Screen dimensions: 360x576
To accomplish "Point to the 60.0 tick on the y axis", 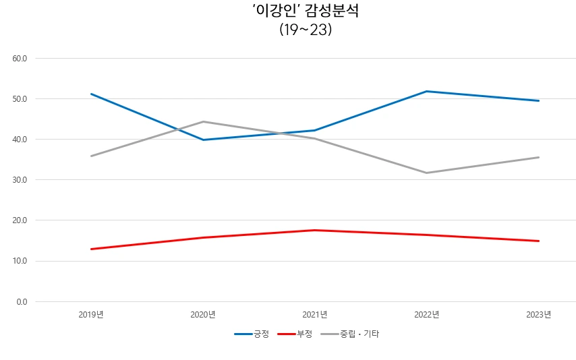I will [x=20, y=59].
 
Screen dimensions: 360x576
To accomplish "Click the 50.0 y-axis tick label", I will [x=20, y=99].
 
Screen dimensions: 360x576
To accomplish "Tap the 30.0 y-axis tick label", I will [x=20, y=180].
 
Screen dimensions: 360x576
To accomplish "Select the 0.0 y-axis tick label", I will [x=22, y=301].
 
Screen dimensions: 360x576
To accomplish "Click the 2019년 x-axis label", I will [x=91, y=314].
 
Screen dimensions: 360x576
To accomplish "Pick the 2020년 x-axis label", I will [x=203, y=314].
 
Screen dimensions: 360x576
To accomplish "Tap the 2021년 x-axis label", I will [x=315, y=314].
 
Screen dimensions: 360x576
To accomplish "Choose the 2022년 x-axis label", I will [x=427, y=314].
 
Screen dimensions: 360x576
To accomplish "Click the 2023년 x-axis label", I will [x=539, y=314].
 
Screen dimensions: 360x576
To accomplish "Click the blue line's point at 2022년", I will [x=427, y=91].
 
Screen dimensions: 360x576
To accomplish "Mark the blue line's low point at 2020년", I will [x=203, y=140].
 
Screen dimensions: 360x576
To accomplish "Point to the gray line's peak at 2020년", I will [x=203, y=122].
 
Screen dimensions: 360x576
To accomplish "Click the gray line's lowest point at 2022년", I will [x=427, y=173].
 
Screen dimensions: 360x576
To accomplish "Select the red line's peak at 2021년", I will [x=315, y=230].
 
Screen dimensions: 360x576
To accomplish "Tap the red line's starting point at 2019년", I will [x=91, y=249].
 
